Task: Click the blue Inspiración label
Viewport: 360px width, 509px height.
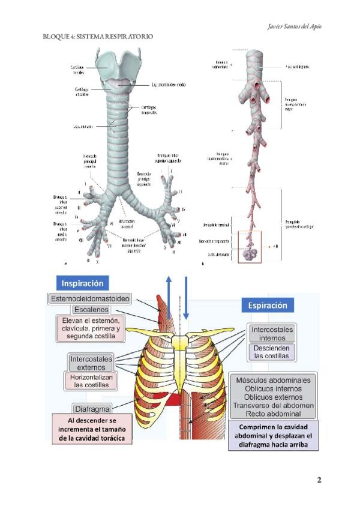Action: pos(85,283)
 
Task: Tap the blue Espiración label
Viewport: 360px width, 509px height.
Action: pos(268,306)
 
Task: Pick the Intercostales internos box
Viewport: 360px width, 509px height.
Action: pos(271,334)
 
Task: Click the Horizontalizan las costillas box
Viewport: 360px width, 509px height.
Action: pos(92,381)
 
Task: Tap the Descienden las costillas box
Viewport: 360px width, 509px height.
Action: pos(271,352)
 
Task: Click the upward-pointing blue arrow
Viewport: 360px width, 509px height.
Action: pos(169,300)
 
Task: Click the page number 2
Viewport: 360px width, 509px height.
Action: pos(319,480)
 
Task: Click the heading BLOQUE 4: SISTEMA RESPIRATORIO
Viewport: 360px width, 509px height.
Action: pos(98,37)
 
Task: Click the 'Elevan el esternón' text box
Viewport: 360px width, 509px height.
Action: pos(92,329)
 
